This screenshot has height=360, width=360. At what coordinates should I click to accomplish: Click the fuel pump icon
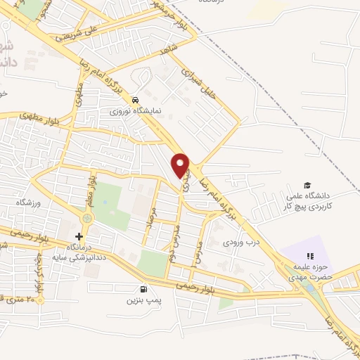coord(144,288)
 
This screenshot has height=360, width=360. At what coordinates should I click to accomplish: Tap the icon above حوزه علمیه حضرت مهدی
coord(309,255)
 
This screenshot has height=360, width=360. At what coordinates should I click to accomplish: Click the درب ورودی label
coord(237,242)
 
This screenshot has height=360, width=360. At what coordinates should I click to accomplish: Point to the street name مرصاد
coord(149,224)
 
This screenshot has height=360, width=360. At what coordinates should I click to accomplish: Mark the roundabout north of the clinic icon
coord(86,219)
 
